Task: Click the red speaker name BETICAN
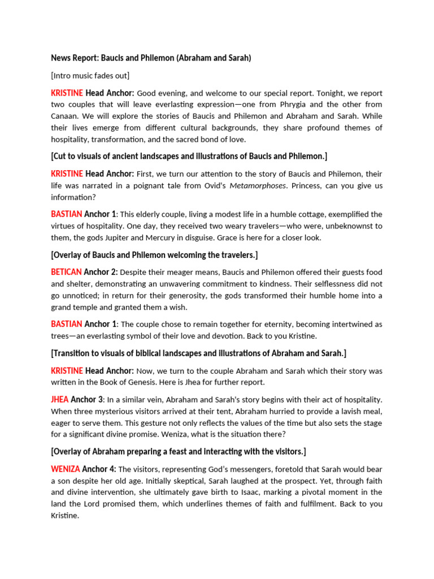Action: point(66,272)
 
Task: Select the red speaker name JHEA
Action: point(60,400)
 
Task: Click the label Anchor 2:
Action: point(101,272)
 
